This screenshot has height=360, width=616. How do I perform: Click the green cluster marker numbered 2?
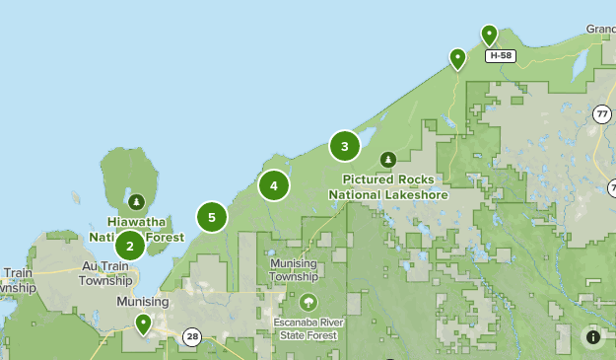[x=130, y=245]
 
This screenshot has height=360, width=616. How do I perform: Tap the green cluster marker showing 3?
[x=344, y=147]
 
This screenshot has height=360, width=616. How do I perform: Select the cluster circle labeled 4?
[x=274, y=184]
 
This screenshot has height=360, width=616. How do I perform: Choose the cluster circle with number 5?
[x=212, y=217]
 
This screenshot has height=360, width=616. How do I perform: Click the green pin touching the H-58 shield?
[x=489, y=36]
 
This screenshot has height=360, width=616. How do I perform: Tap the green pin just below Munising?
[x=143, y=323]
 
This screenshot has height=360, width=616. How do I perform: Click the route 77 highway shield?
[x=602, y=113]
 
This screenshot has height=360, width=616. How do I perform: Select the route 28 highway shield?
[x=191, y=337]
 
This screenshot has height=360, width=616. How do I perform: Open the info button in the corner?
[x=592, y=336]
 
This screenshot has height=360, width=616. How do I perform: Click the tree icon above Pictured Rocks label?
[x=388, y=159]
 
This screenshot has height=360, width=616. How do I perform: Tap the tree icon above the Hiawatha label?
[x=136, y=201]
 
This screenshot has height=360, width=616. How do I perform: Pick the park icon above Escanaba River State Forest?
[x=308, y=302]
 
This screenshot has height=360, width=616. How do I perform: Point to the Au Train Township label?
[x=105, y=273]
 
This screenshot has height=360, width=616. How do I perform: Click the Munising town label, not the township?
[x=143, y=301]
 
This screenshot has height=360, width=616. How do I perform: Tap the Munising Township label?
[x=294, y=270]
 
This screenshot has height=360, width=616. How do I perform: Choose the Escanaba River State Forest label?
[x=307, y=328]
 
